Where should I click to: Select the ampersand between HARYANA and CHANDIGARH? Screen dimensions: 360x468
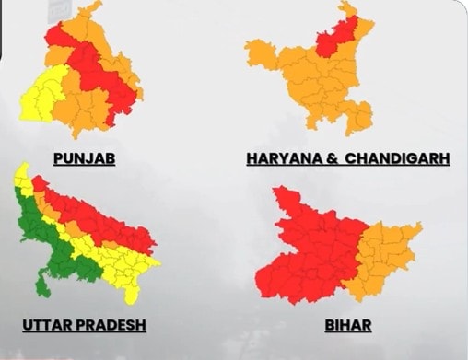pos(326,158)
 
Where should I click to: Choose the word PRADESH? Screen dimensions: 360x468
pos(113,325)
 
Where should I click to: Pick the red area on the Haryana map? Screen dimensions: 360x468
pos(330,41)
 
